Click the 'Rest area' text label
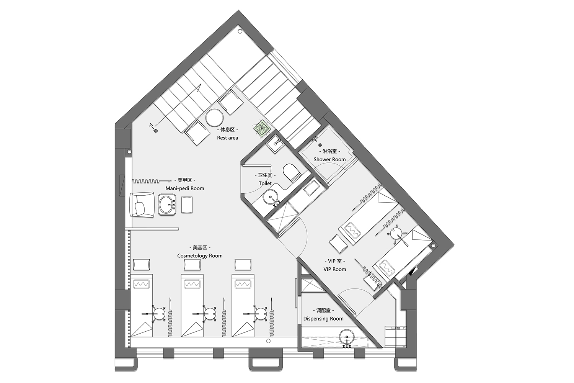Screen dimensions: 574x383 [227, 138]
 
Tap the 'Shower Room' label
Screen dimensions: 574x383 [329, 159]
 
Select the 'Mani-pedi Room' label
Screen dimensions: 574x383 [185, 188]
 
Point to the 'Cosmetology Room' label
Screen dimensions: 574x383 [200, 256]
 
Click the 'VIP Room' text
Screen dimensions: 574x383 [335, 269]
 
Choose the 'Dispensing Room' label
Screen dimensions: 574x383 [323, 319]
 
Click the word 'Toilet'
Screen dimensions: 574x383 [265, 183]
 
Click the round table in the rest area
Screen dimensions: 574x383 [214, 118]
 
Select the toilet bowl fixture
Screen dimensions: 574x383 [291, 172]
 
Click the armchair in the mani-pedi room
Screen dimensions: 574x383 [142, 206]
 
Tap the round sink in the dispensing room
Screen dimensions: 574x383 [347, 337]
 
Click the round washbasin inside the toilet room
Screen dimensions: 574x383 [271, 198]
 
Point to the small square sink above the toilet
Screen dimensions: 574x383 [275, 144]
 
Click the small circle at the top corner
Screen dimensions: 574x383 [240, 31]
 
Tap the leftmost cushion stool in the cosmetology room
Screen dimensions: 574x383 [142, 265]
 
